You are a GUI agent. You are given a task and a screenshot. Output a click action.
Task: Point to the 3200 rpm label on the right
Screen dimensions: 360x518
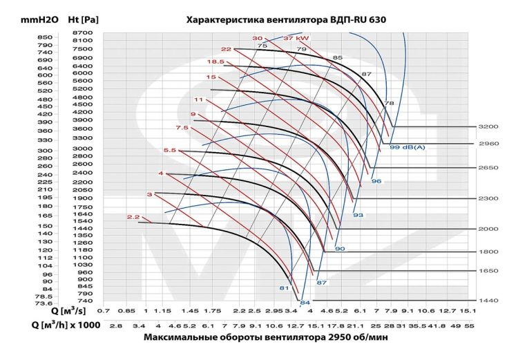tap(488, 126)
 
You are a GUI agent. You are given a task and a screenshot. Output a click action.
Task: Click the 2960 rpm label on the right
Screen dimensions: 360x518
tap(488, 144)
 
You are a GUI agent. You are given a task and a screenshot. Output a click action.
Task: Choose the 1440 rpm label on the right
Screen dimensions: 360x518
tap(488, 301)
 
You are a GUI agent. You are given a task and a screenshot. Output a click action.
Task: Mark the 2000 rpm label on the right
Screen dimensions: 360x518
tap(488, 229)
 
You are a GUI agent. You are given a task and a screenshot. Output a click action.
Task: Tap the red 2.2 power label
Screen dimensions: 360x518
tap(133, 217)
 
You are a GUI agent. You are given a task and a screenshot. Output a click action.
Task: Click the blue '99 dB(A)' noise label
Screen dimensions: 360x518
tap(407, 147)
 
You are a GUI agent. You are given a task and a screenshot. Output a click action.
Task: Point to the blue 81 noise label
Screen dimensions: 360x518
tap(283, 287)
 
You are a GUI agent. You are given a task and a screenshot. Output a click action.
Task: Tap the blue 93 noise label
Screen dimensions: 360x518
tap(358, 216)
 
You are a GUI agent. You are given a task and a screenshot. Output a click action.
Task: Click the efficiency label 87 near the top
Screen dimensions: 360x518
tap(367, 73)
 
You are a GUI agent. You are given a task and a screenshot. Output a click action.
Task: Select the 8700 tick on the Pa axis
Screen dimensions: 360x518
tap(81, 32)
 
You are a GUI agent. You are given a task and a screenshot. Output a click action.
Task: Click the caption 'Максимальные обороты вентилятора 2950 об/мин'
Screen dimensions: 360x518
tap(267, 338)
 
